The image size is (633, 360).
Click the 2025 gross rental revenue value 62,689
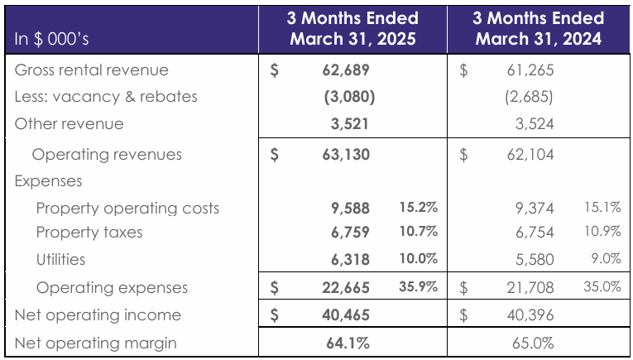tap(345, 70)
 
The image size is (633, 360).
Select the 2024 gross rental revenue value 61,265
tap(530, 70)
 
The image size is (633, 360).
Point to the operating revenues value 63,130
tap(345, 155)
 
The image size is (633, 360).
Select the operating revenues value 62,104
tap(530, 155)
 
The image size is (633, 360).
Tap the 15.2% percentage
tap(418, 207)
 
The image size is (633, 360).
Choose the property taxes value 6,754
tap(534, 233)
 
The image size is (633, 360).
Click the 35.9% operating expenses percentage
tap(418, 287)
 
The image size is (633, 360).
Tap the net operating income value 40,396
tap(530, 315)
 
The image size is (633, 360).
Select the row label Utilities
tap(60, 259)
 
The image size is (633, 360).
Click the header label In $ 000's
tap(52, 39)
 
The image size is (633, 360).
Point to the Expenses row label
tap(48, 181)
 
